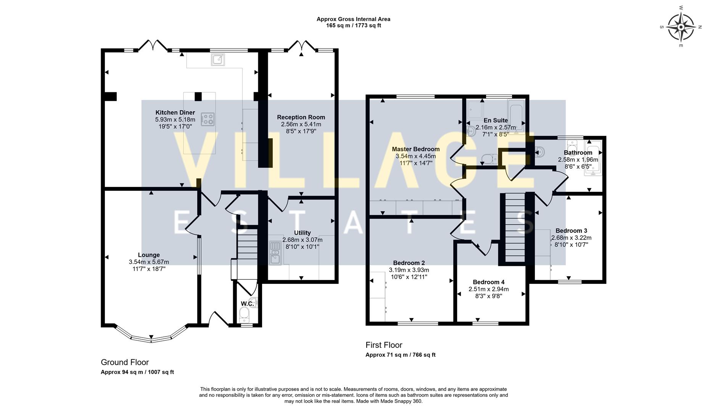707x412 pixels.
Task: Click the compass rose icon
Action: pos(681,27)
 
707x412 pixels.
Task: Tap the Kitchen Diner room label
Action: pos(175,113)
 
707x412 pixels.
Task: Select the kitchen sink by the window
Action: pos(217,60)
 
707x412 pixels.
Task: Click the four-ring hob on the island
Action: pos(208,119)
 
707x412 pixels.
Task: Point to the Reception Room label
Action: pos(301,117)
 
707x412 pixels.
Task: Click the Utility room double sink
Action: pos(275,253)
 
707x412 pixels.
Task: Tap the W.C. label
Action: pos(247,304)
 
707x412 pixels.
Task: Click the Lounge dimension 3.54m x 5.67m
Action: pos(149,262)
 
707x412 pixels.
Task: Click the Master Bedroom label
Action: pos(416,149)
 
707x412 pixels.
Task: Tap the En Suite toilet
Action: pos(488,158)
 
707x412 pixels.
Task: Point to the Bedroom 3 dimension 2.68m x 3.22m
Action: pos(571,238)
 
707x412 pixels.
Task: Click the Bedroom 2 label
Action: pos(409,263)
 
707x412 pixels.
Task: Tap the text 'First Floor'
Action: pos(384,345)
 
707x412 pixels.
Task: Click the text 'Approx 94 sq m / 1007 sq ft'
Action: pos(137,372)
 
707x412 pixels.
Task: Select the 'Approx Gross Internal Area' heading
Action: pos(353,19)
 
